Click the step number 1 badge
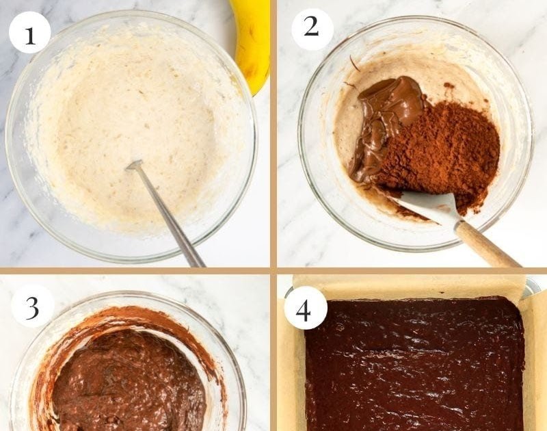click(x=29, y=32)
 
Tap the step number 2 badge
click(x=312, y=29)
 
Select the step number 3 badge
click(x=32, y=306)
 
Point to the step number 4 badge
click(x=306, y=308)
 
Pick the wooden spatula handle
click(x=487, y=244)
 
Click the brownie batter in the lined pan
click(x=415, y=365)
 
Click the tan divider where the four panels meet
click(x=273, y=270)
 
